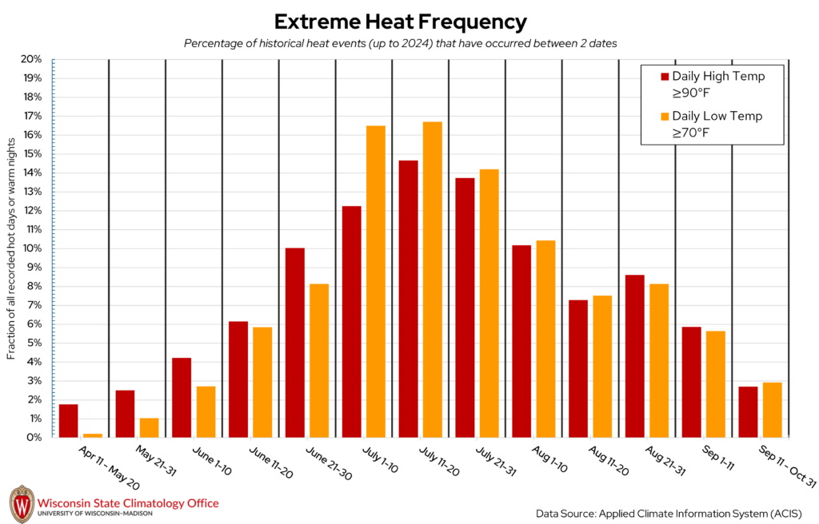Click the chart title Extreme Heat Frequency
(x=401, y=21)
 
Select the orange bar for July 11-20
(x=432, y=280)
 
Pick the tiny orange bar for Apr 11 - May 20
(x=93, y=435)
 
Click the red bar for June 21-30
(x=294, y=343)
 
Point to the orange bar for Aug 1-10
(x=545, y=339)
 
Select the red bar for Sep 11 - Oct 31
(x=748, y=411)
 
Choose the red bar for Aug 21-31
(x=634, y=356)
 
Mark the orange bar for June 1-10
(x=206, y=411)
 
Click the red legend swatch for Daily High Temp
(x=664, y=77)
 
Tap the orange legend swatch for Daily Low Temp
(x=664, y=117)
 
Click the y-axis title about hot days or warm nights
(x=12, y=248)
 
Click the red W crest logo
(x=21, y=503)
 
